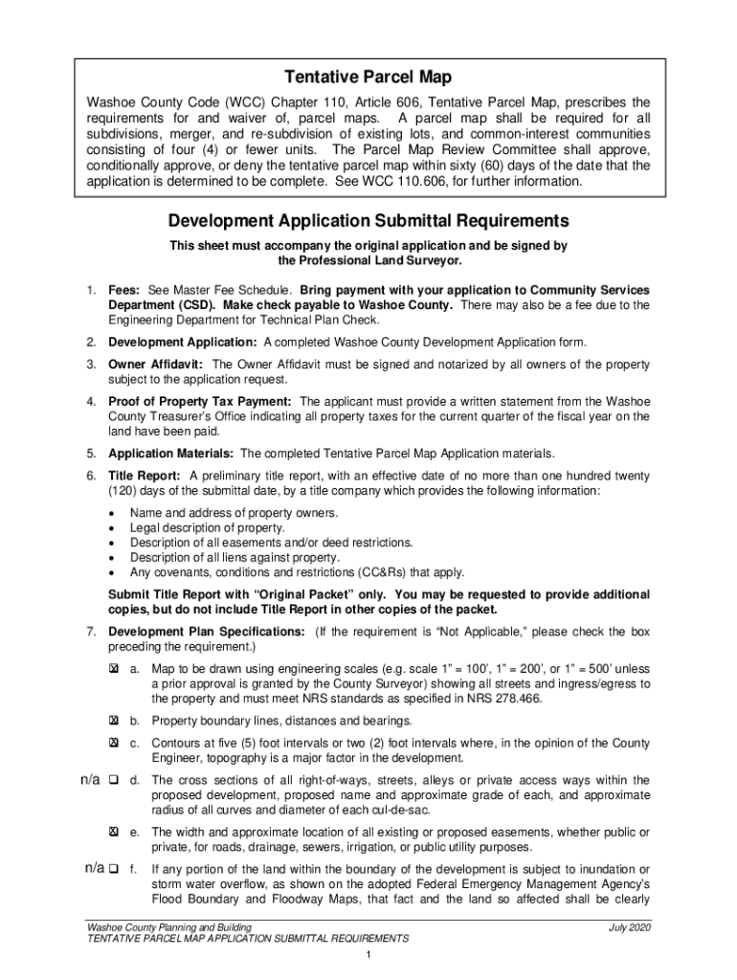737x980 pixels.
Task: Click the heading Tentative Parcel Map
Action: (368, 77)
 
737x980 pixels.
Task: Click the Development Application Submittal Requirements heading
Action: (368, 221)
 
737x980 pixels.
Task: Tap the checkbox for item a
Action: (113, 670)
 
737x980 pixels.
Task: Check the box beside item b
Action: (113, 721)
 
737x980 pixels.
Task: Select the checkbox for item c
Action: (113, 743)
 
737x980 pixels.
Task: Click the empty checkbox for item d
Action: (113, 780)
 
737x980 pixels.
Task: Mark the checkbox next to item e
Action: (113, 832)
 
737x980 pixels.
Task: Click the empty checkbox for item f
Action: (113, 869)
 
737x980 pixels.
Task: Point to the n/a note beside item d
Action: (90, 780)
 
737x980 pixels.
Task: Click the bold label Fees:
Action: (125, 290)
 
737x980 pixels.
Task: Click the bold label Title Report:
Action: (144, 476)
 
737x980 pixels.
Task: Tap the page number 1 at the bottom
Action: (368, 956)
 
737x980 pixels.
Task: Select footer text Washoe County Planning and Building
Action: (168, 927)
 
